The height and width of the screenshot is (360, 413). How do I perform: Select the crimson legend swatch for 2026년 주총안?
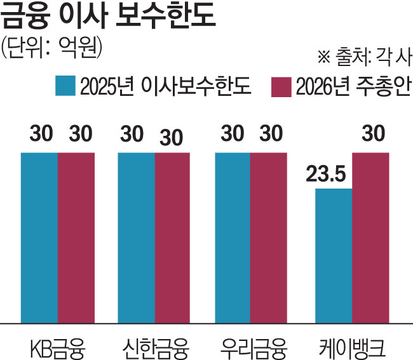pos(280,86)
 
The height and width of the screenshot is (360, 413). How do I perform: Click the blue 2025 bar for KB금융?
pos(39,237)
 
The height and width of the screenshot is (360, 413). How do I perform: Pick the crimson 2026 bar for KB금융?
pos(76,237)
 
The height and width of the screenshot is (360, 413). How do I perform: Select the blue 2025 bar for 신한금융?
pos(137,237)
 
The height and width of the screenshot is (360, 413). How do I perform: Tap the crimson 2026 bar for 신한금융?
pos(172,237)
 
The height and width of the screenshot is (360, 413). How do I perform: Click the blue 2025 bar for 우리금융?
pos(233,237)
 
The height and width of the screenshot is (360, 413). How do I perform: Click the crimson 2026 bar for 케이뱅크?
pos(370,237)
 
